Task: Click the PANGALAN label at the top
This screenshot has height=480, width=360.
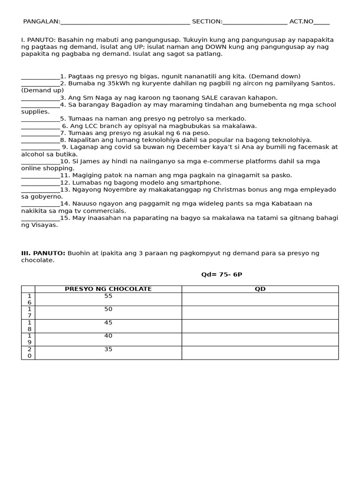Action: [41, 22]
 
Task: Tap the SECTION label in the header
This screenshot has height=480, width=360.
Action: [207, 22]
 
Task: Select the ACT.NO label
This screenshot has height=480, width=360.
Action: [301, 22]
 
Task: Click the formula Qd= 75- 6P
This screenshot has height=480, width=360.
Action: [221, 275]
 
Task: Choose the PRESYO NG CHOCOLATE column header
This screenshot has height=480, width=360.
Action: [108, 289]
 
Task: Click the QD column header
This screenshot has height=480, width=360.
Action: [260, 289]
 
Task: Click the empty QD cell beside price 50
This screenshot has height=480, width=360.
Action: [260, 313]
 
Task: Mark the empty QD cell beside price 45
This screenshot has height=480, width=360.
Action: [260, 326]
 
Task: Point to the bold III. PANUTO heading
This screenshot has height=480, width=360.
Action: [43, 253]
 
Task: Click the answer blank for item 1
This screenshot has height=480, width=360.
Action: [40, 77]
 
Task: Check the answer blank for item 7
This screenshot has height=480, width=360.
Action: [40, 134]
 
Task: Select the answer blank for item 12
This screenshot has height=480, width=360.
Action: [40, 183]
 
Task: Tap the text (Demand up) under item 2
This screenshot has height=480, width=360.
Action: [42, 90]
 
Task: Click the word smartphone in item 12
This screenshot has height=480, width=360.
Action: [203, 183]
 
